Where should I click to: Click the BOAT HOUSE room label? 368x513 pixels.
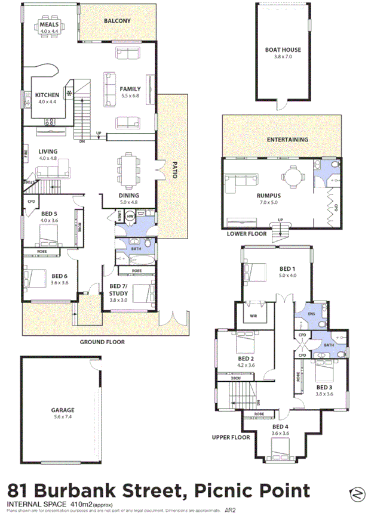coord(283,50)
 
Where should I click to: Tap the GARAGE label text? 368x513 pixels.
coord(62,410)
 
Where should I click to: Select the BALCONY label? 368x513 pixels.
coord(117,21)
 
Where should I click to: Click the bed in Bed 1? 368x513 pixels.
coord(255,271)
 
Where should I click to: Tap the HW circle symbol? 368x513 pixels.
coord(130,217)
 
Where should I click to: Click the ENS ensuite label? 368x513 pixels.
coord(311,313)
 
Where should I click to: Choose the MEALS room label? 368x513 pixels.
coord(49,24)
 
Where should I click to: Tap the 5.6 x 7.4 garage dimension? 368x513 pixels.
coord(62,418)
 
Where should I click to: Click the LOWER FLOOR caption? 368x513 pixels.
coord(246,234)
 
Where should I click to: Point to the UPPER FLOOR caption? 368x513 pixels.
coord(230,438)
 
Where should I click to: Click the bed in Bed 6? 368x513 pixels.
coord(36,279)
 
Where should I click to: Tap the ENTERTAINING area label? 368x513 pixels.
coord(287,140)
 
